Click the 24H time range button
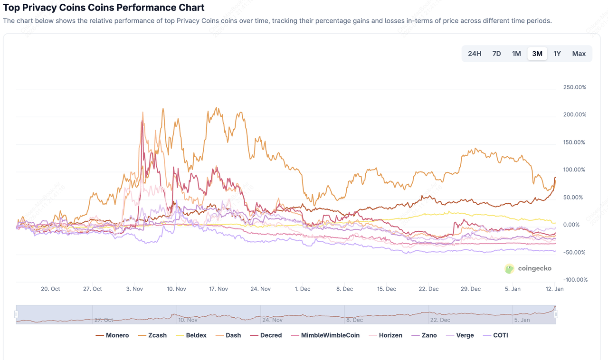tap(475, 54)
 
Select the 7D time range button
tap(496, 54)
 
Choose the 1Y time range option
tap(557, 54)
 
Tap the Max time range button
tap(579, 54)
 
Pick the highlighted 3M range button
tap(537, 54)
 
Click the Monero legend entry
tap(113, 335)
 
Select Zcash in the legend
tap(153, 335)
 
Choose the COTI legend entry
tap(496, 335)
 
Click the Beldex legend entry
tap(192, 335)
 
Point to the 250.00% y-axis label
tap(574, 87)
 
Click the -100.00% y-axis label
tap(574, 280)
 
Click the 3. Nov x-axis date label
tap(134, 289)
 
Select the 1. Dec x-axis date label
tap(303, 289)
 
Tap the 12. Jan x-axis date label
tap(554, 289)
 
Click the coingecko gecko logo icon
tap(510, 269)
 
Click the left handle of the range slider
tap(16, 314)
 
